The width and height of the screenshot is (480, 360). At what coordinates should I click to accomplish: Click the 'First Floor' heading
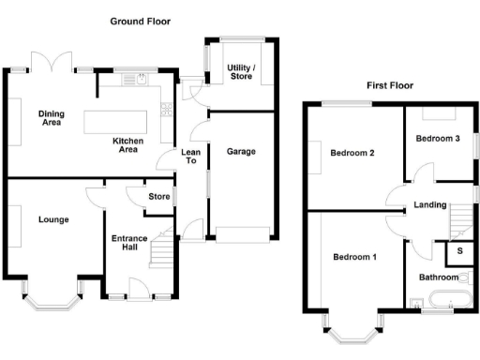(x=390, y=85)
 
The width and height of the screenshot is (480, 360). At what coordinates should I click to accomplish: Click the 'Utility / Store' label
(x=242, y=70)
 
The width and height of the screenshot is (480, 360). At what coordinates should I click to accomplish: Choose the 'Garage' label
(x=241, y=150)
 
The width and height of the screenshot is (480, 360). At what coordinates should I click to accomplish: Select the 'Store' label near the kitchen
(x=158, y=197)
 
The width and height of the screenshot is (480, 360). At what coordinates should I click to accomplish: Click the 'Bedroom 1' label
(x=355, y=256)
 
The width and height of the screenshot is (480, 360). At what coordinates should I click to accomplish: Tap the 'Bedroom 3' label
(x=438, y=139)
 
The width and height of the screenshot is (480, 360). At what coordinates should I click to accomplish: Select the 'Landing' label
(x=430, y=206)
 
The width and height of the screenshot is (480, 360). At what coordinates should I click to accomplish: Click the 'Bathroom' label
(x=438, y=277)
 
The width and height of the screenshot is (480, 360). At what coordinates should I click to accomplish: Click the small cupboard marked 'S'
(x=459, y=250)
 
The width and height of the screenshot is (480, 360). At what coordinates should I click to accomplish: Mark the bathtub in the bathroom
(x=446, y=301)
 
